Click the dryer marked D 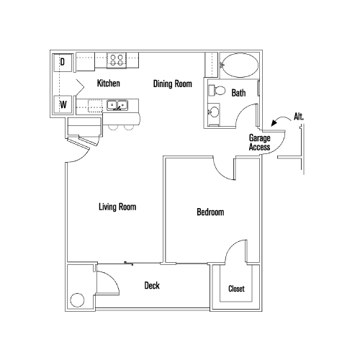pyautogui.click(x=63, y=63)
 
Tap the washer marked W pyautogui.click(x=63, y=105)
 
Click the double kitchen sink pyautogui.click(x=117, y=106)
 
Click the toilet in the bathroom pyautogui.click(x=218, y=91)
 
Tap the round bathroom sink pyautogui.click(x=214, y=113)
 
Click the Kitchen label pyautogui.click(x=108, y=84)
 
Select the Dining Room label pyautogui.click(x=173, y=84)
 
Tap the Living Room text pyautogui.click(x=117, y=207)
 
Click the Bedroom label pyautogui.click(x=210, y=212)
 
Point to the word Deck pyautogui.click(x=152, y=286)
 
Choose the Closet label pyautogui.click(x=236, y=289)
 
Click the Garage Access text pyautogui.click(x=259, y=142)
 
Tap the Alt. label pyautogui.click(x=299, y=116)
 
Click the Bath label pyautogui.click(x=239, y=93)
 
